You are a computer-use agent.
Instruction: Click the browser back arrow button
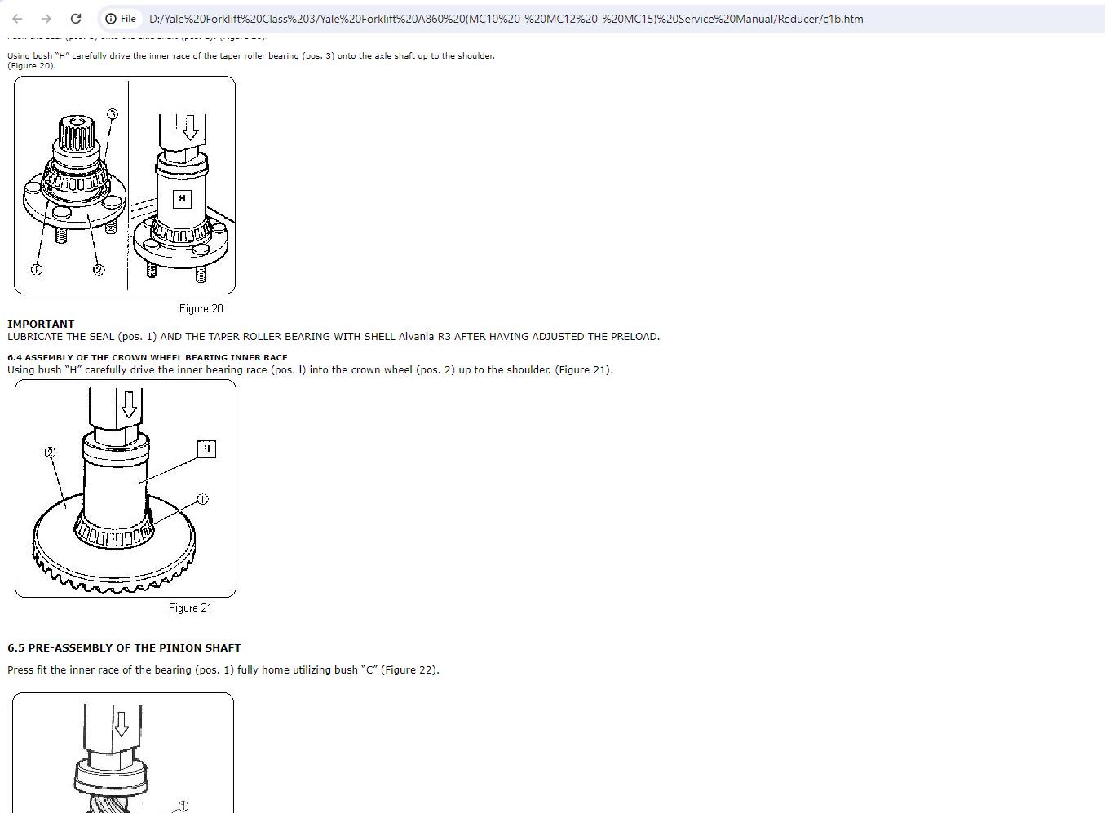click(17, 19)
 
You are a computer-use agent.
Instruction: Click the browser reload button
click(76, 19)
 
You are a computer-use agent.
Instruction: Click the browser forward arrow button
click(46, 19)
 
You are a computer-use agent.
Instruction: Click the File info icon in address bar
click(111, 19)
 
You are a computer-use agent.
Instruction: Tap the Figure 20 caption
click(201, 308)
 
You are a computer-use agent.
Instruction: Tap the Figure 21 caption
click(190, 608)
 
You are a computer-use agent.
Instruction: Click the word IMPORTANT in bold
click(41, 324)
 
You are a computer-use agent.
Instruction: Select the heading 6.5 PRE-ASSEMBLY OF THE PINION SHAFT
click(124, 647)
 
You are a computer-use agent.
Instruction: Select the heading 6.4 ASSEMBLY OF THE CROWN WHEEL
click(147, 357)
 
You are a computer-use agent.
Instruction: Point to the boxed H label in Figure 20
click(182, 198)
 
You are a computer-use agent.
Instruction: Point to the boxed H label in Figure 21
click(206, 448)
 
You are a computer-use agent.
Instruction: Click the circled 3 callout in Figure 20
click(113, 114)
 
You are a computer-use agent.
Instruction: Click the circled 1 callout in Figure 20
click(36, 269)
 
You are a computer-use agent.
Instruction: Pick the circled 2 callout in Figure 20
click(99, 269)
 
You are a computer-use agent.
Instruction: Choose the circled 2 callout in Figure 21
click(51, 452)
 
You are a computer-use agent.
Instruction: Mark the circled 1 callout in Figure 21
click(202, 499)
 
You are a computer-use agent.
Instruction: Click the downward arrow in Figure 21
click(128, 404)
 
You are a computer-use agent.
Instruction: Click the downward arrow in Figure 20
click(190, 127)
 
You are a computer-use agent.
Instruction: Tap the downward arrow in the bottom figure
click(121, 723)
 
